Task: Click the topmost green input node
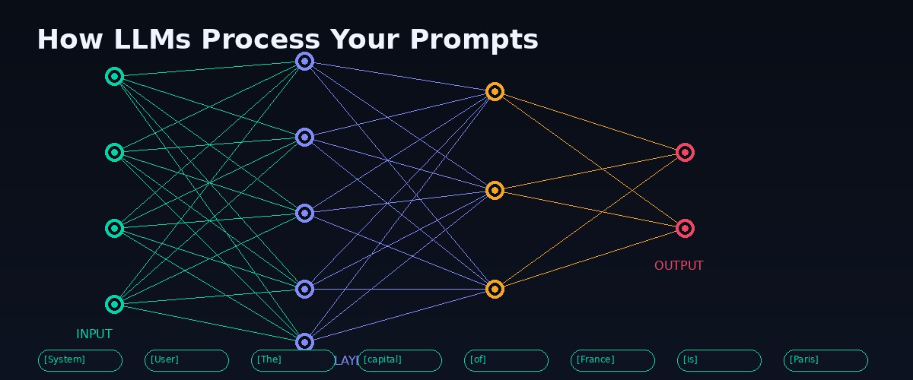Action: tap(114, 76)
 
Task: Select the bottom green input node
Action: tap(114, 304)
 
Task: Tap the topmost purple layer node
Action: tap(304, 61)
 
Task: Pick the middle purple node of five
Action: tap(304, 213)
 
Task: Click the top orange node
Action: tap(495, 91)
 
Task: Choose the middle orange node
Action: tap(495, 190)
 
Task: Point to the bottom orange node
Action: tap(495, 289)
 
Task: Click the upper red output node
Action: tap(685, 152)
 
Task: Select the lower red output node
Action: tap(685, 228)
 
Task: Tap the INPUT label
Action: tap(94, 334)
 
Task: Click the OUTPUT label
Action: tap(679, 266)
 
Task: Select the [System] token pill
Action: tap(80, 360)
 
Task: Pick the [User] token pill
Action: tap(186, 360)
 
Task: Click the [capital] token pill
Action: tap(399, 360)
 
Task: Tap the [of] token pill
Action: tap(506, 360)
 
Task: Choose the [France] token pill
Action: tap(612, 360)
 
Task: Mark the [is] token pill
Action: tap(719, 360)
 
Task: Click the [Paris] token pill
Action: tap(826, 360)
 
